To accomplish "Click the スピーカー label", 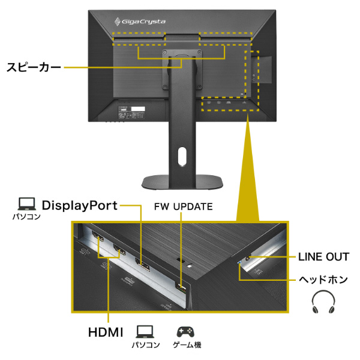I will [x=34, y=67].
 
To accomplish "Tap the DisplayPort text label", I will [x=79, y=206].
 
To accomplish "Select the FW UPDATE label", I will [x=182, y=206].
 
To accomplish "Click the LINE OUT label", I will [x=323, y=257].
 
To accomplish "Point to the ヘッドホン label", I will [x=323, y=280].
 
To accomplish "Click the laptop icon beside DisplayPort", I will [x=27, y=205].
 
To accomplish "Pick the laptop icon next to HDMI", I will [x=145, y=331].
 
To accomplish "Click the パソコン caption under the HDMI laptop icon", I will [x=145, y=346].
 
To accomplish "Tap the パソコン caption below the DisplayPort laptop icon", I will [x=27, y=217].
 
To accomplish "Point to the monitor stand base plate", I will [x=182, y=181].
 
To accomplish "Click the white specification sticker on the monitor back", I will [x=139, y=111].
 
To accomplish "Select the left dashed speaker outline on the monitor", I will [x=137, y=37].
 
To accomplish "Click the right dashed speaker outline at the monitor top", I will [x=226, y=37].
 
